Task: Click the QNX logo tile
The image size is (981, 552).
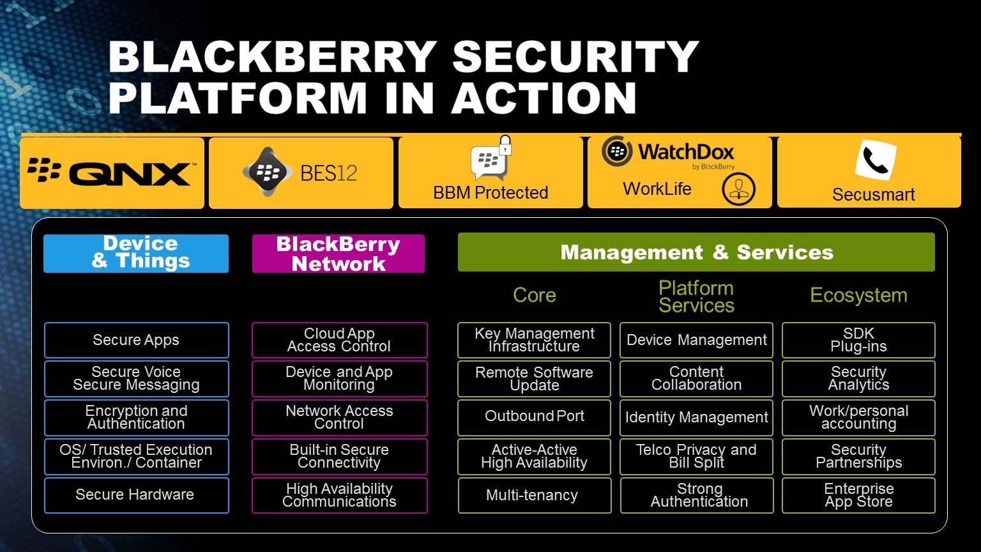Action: click(112, 173)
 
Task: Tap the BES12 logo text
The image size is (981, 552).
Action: click(328, 173)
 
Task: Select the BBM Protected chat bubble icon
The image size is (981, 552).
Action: click(489, 162)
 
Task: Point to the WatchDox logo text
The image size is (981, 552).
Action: click(686, 152)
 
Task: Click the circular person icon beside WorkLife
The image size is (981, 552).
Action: click(738, 189)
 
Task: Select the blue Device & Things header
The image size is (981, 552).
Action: click(136, 253)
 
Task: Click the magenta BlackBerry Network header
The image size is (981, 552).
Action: click(338, 254)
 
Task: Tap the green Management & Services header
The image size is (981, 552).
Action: click(696, 252)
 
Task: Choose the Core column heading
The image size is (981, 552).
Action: click(534, 295)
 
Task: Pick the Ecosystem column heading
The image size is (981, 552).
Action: click(858, 295)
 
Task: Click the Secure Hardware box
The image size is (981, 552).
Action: click(136, 495)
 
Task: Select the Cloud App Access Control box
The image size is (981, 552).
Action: click(339, 340)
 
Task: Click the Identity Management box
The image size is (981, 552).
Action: click(696, 418)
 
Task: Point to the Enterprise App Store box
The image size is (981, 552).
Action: click(858, 495)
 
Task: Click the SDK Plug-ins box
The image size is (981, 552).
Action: click(858, 340)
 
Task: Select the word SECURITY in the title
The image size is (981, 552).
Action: click(575, 57)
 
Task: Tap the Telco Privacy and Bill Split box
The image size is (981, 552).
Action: click(696, 456)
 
